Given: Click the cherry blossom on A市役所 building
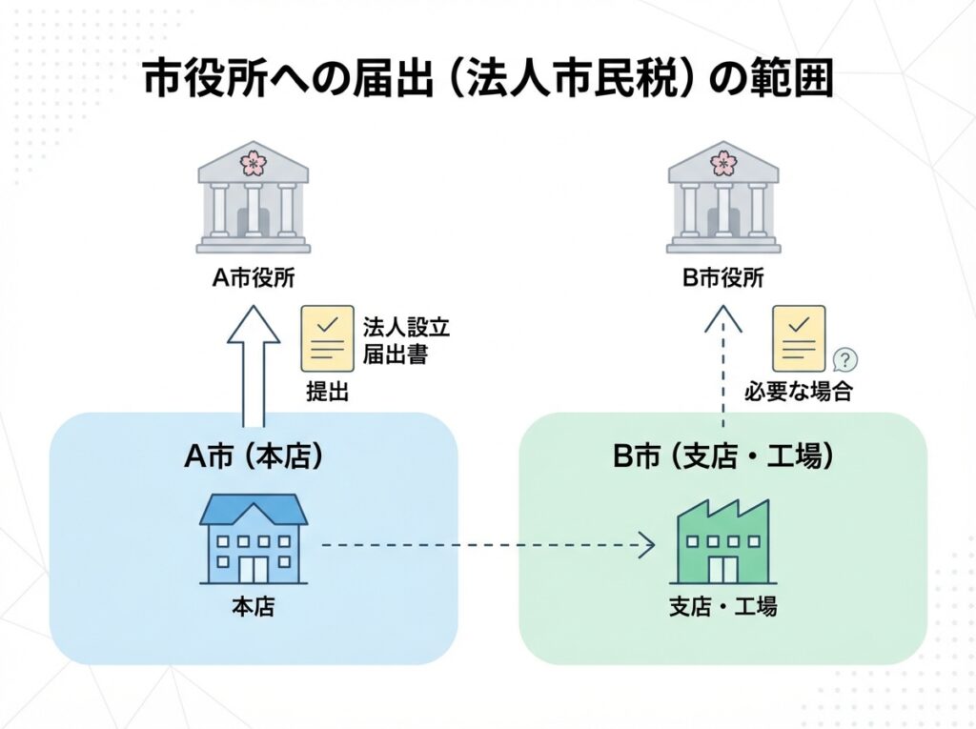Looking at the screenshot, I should (254, 162).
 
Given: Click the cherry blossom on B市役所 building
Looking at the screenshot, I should (723, 162).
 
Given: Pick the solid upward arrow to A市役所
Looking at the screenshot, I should (253, 367).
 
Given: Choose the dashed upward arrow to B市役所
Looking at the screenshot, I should (723, 367).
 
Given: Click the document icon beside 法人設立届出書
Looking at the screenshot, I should (326, 338).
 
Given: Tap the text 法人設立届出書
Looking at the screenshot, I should (405, 340).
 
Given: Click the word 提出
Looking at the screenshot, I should (327, 390).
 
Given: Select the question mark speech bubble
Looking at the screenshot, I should (844, 359).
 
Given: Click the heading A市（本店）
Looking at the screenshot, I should (253, 456).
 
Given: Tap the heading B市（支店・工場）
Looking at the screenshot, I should (723, 456).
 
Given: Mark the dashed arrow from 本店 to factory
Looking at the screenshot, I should (486, 546).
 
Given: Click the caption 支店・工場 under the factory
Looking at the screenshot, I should (722, 606).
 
